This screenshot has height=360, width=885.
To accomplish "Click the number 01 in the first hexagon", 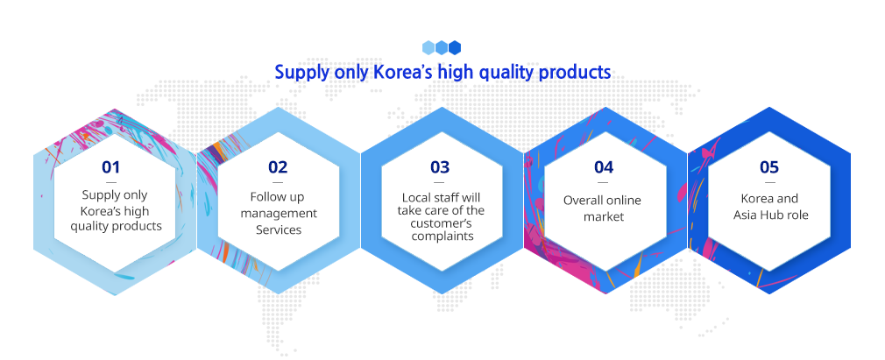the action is click(x=111, y=167).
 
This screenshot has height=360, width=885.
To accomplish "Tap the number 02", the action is click(x=278, y=167).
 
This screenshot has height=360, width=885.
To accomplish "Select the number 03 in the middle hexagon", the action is click(x=440, y=167).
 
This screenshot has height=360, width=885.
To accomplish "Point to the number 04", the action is click(x=604, y=167).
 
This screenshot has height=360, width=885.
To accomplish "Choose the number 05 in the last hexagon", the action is click(x=768, y=167).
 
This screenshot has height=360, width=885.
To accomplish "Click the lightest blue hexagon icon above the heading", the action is click(x=428, y=47).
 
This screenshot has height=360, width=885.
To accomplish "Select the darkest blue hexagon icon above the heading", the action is click(x=455, y=47).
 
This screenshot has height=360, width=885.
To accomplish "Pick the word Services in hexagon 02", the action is click(x=279, y=230).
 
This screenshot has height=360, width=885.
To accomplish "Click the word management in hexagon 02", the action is click(x=279, y=214).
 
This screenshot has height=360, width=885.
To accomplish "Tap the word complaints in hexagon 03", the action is click(x=442, y=236).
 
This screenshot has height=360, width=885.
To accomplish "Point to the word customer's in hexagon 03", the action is click(x=442, y=223).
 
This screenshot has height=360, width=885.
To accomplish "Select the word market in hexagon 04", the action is click(x=604, y=216).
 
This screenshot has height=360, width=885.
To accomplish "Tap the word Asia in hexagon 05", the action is click(x=746, y=215).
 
